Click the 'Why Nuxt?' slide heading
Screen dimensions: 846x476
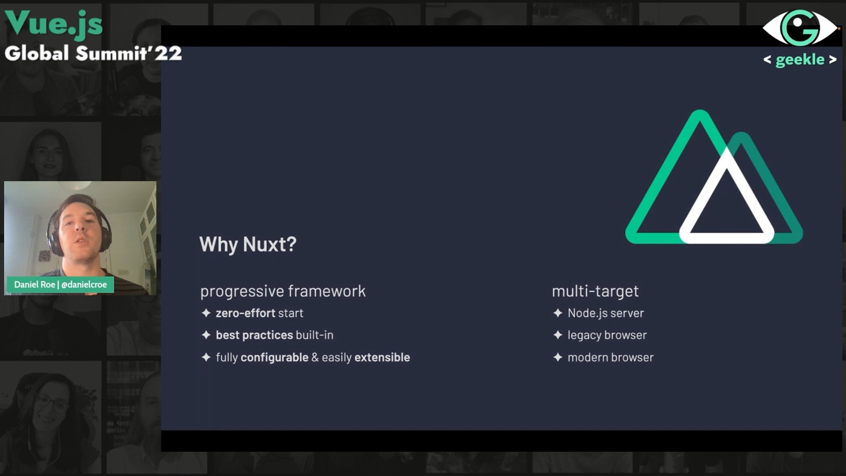pyautogui.click(x=248, y=244)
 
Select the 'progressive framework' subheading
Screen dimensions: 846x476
pyautogui.click(x=283, y=291)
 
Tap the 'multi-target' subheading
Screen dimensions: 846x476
pyautogui.click(x=595, y=291)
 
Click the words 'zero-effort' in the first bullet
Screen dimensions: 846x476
pyautogui.click(x=245, y=313)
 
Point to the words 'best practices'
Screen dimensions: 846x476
pyautogui.click(x=254, y=335)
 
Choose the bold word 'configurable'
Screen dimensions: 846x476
pyautogui.click(x=274, y=357)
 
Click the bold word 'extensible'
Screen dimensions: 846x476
pyautogui.click(x=382, y=357)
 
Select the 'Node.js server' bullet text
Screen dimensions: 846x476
pyautogui.click(x=606, y=313)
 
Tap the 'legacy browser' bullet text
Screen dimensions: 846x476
pyautogui.click(x=607, y=335)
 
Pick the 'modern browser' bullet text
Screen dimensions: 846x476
pyautogui.click(x=611, y=357)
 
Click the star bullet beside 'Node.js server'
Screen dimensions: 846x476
pyautogui.click(x=558, y=313)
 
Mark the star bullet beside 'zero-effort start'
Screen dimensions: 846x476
pyautogui.click(x=206, y=313)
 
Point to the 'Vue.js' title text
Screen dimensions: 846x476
pyautogui.click(x=54, y=23)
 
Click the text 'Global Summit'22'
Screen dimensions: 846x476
pyautogui.click(x=93, y=53)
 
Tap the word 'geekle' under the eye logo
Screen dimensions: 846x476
pyautogui.click(x=800, y=60)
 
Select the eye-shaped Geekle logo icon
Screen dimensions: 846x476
pyautogui.click(x=800, y=28)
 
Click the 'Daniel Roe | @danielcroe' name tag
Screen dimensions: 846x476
pyautogui.click(x=60, y=285)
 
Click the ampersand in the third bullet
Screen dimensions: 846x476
pyautogui.click(x=315, y=357)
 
